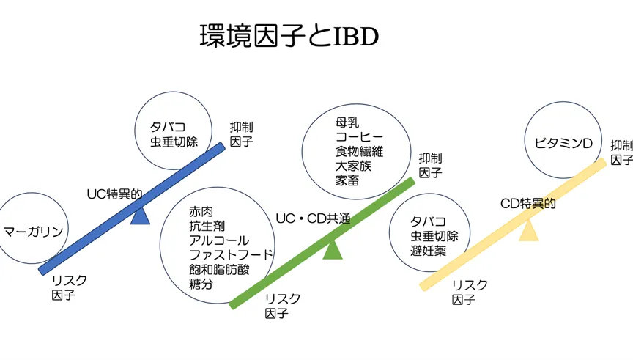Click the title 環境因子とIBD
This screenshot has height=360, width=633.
point(289,34)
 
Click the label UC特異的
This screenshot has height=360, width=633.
point(114,194)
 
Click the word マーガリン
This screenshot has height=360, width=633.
point(33,231)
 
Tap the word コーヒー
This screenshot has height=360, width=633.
point(359,136)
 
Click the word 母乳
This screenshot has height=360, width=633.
point(347,122)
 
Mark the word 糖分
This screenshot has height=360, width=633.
point(201,283)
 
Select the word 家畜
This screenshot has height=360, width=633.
point(347,180)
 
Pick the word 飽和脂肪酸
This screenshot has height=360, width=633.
point(219,269)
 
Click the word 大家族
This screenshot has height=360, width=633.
point(353,166)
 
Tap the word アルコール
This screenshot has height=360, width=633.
point(219,240)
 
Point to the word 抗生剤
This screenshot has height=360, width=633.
point(207,227)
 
